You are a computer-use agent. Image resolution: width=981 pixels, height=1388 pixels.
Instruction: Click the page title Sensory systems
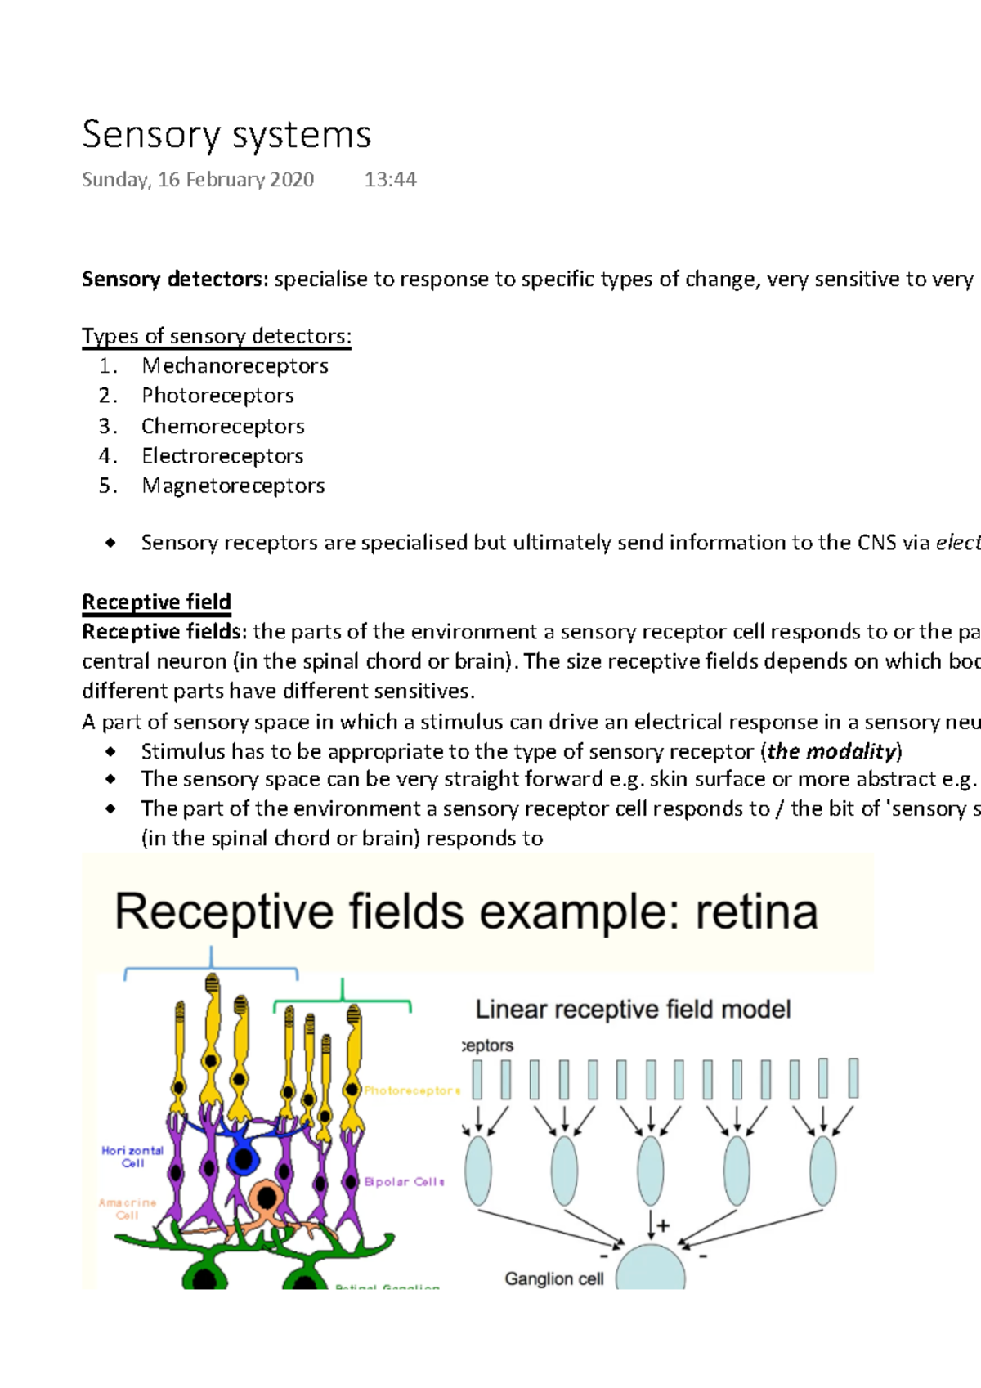point(226,135)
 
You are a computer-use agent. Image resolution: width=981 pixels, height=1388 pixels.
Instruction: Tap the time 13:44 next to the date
point(390,180)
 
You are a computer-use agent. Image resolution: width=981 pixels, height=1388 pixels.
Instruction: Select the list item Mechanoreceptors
point(235,365)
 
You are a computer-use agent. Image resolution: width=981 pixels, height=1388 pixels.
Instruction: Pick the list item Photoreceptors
point(217,396)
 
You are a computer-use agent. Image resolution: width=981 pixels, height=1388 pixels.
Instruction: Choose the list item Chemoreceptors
point(222,426)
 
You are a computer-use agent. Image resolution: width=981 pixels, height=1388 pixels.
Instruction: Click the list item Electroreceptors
point(222,456)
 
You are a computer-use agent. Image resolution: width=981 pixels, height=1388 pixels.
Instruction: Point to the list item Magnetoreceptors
point(233,486)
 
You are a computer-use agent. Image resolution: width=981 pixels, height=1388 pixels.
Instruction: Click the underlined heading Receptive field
point(156,602)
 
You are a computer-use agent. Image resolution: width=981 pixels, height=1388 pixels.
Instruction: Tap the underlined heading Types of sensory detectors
point(217,336)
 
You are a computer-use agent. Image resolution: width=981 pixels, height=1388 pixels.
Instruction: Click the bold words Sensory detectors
point(174,280)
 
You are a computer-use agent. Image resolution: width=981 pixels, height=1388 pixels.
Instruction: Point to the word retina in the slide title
point(756,912)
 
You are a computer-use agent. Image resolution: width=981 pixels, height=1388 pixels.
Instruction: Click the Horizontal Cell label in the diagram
point(132,1157)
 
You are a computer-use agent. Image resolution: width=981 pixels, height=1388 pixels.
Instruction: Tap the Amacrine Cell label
point(127,1209)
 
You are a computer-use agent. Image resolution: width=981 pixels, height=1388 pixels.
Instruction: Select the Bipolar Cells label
point(404,1182)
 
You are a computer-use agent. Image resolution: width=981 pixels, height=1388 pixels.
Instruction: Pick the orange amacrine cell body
point(267,1198)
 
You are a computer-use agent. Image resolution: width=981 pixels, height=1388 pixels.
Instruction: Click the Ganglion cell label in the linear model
point(553,1278)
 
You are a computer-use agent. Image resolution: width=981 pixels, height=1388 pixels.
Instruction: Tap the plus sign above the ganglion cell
point(663,1225)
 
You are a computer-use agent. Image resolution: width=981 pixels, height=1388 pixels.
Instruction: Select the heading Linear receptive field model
point(633,1010)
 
